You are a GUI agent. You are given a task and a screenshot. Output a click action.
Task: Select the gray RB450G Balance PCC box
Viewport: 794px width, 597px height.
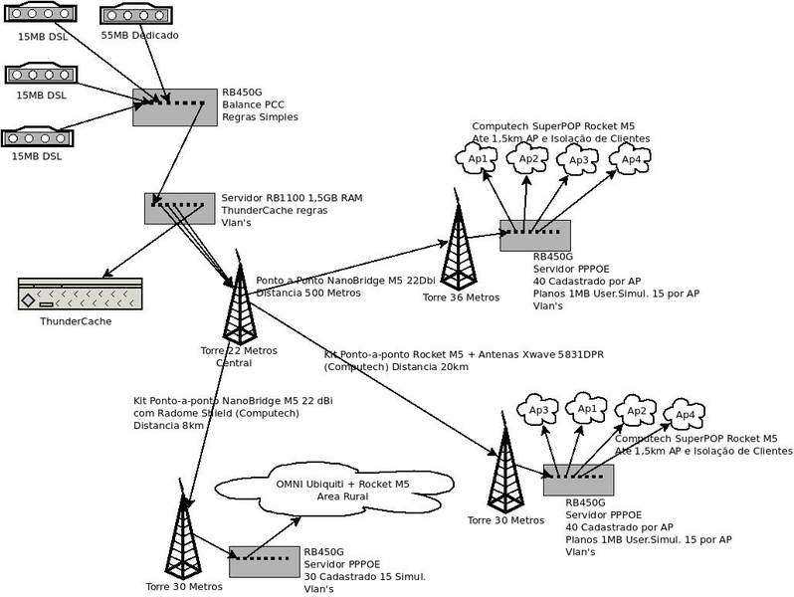pos(175,105)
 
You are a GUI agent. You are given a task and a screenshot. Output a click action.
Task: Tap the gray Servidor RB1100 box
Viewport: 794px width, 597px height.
pos(177,208)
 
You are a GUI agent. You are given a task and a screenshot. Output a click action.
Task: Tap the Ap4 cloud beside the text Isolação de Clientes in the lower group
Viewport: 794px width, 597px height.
pos(685,413)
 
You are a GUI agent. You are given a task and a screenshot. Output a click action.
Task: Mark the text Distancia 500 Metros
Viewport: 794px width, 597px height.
pos(308,293)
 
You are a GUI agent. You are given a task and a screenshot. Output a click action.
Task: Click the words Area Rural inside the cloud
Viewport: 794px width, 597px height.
pos(343,497)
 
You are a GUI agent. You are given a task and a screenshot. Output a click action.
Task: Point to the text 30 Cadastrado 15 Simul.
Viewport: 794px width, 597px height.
pos(364,577)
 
